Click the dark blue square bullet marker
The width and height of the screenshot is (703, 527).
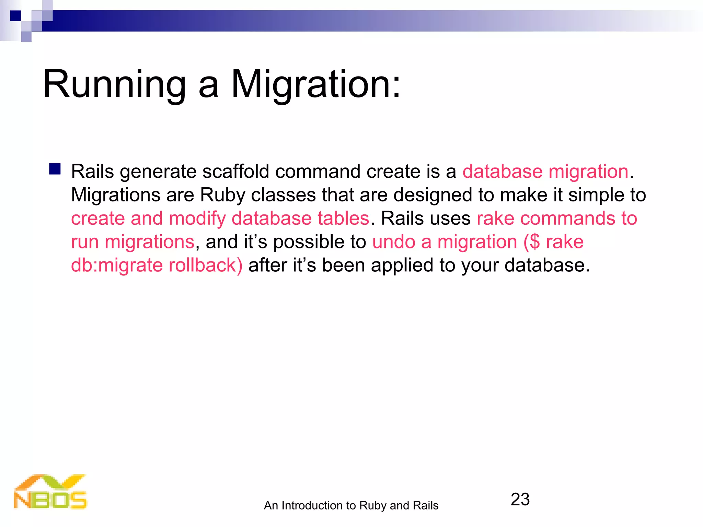(x=55, y=169)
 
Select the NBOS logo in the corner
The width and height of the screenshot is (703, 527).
(x=50, y=492)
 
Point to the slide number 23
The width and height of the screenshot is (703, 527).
(x=520, y=499)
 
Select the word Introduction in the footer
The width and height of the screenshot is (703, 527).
(x=313, y=505)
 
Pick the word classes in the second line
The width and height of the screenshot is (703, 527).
(x=283, y=195)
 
